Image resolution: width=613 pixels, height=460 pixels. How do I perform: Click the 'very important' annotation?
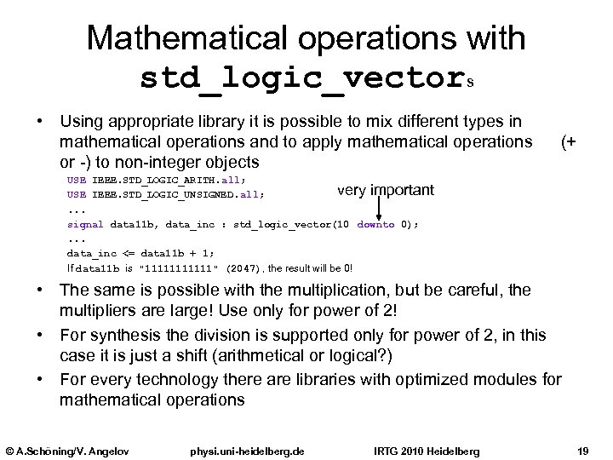coord(385,189)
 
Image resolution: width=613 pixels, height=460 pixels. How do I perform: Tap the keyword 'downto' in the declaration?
coord(375,225)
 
